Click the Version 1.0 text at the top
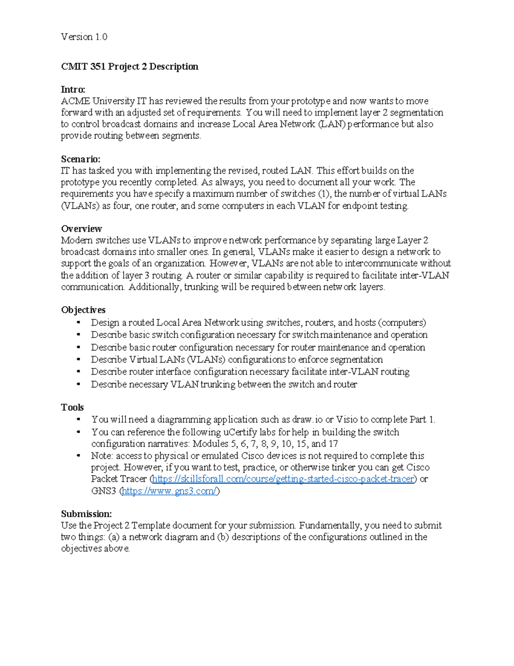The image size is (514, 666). (84, 37)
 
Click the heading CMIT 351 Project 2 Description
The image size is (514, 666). (129, 66)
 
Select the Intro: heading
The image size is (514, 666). (73, 89)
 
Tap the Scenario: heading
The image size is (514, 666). (81, 159)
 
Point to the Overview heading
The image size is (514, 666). (81, 229)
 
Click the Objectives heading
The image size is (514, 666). (83, 310)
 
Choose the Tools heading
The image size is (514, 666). (72, 407)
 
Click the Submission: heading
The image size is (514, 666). (86, 514)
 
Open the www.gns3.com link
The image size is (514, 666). (170, 491)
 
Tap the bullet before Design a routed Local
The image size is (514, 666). (78, 322)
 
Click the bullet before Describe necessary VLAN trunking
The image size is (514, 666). (78, 384)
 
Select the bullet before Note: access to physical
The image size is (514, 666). (78, 455)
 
